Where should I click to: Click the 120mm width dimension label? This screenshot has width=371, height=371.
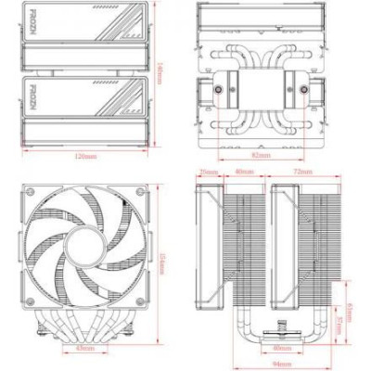point(84,157)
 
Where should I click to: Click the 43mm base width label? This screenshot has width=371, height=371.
point(85,349)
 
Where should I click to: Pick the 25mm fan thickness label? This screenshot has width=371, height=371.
point(208,173)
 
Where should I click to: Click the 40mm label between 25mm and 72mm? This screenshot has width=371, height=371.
point(244,173)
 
